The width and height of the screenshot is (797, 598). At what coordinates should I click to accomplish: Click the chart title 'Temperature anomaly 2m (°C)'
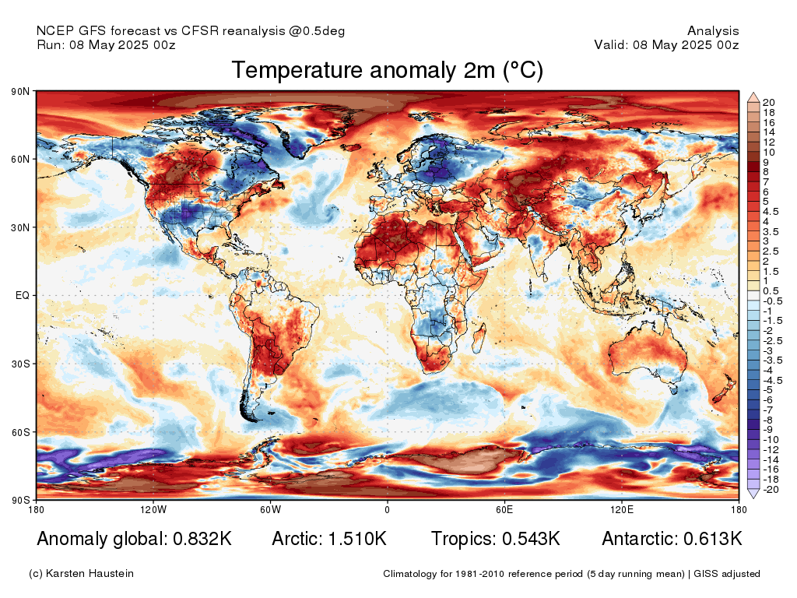(387, 71)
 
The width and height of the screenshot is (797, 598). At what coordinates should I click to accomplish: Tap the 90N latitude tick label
(20, 92)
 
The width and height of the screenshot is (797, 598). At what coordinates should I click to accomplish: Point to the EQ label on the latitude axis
(23, 296)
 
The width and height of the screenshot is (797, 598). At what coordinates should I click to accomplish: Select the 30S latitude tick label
(20, 364)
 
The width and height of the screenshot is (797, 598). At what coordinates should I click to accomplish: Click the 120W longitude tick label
(153, 510)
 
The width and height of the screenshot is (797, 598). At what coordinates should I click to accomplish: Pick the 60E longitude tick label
(504, 510)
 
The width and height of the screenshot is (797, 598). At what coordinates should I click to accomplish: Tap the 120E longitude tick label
(620, 510)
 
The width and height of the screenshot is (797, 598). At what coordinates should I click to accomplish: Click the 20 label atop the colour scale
(768, 103)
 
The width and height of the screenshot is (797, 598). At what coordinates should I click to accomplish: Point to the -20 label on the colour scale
(771, 489)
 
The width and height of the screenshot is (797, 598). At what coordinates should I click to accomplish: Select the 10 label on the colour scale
(768, 153)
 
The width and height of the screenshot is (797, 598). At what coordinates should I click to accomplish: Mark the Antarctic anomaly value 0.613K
(712, 539)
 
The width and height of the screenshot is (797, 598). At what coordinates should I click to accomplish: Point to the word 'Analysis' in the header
(713, 31)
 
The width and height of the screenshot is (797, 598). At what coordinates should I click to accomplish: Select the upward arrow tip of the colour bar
(753, 97)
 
